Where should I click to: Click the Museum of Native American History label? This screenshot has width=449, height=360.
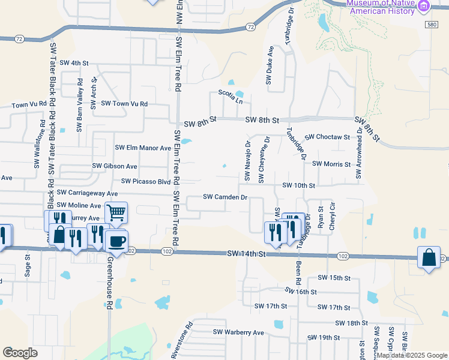tap(381, 7)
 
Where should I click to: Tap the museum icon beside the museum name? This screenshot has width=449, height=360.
tap(424, 6)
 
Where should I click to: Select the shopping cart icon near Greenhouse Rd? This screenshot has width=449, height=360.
tap(116, 212)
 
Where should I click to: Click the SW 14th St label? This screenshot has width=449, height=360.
tap(246, 254)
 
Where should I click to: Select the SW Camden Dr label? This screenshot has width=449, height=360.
tap(225, 197)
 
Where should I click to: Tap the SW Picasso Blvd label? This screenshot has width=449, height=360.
tap(146, 181)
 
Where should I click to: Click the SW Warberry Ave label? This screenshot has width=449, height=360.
tap(238, 332)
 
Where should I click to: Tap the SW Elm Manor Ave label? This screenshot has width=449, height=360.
tap(143, 148)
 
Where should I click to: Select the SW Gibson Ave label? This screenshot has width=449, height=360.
tap(115, 166)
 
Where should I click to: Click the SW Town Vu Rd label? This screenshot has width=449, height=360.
tap(124, 103)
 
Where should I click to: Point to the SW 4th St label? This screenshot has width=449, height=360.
tap(74, 62)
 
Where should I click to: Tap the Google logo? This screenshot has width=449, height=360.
tap(20, 353)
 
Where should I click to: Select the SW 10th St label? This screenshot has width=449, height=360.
tap(298, 185)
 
